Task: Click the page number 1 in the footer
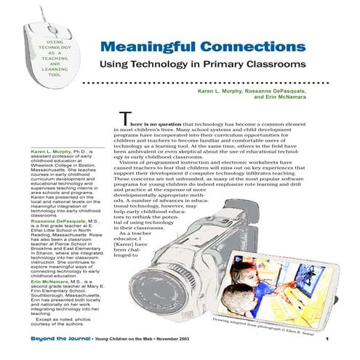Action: [329, 338]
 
